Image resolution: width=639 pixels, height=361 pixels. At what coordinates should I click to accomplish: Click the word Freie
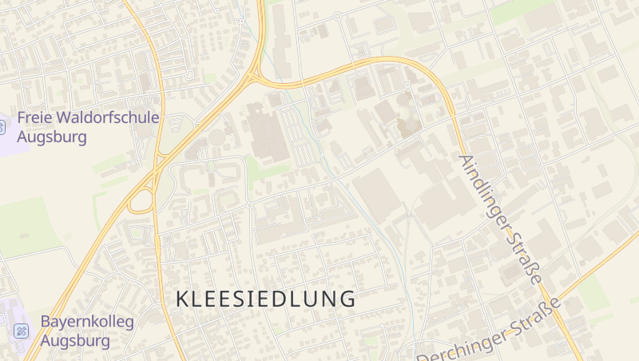(x=34, y=118)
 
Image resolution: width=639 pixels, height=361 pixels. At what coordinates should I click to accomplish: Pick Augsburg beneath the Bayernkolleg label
(x=75, y=340)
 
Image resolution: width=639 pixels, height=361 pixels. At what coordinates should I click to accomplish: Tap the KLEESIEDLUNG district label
(x=265, y=299)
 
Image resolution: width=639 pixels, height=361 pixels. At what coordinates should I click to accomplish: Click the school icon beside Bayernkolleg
(x=22, y=331)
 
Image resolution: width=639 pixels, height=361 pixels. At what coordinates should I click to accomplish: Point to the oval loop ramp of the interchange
(x=141, y=200)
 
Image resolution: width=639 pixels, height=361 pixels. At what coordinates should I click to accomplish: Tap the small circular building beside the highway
(x=217, y=138)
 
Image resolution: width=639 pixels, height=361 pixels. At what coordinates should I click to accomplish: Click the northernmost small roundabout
(x=338, y=15)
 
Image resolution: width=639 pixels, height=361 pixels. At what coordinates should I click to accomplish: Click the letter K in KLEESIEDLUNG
(x=181, y=299)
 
